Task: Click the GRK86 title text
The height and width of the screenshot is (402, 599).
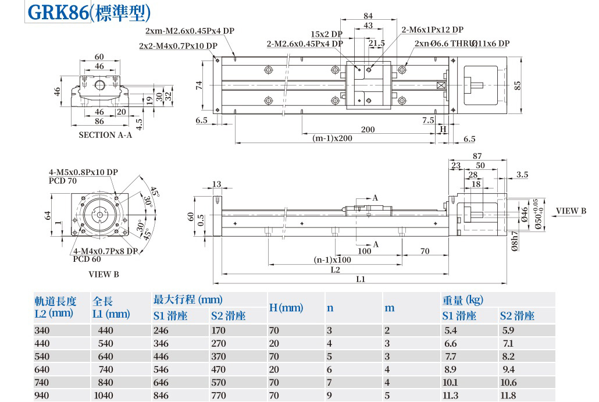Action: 58,12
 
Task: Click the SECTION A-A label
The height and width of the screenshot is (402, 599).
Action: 105,135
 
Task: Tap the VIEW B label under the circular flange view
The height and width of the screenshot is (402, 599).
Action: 104,273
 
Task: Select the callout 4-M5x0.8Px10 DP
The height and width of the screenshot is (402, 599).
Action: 83,172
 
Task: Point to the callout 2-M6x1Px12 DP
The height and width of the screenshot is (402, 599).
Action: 432,30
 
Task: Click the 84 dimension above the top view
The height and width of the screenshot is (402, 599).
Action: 368,16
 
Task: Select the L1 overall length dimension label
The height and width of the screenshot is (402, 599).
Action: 361,279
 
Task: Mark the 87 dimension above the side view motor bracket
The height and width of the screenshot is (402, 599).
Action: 477,156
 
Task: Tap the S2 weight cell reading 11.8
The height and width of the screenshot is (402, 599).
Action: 508,396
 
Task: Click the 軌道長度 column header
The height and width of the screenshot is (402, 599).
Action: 55,301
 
